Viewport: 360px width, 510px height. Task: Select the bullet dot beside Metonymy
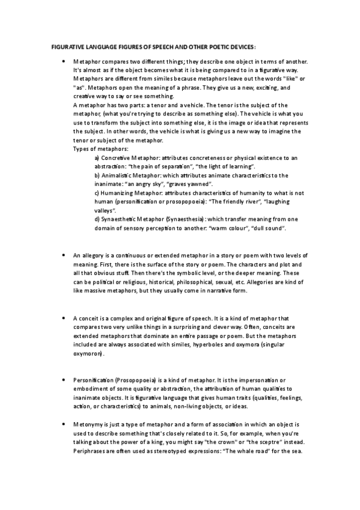63,425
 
